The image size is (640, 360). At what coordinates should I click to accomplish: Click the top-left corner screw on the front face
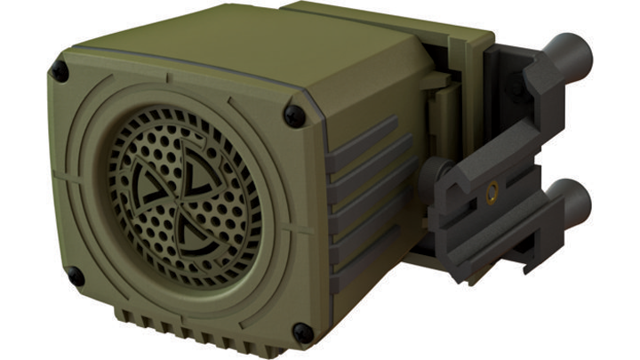point(60,69)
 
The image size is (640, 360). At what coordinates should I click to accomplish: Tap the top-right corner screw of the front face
point(293,114)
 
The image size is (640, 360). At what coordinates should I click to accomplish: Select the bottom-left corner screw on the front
point(76,276)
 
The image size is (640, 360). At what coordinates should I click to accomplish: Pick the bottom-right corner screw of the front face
point(302,332)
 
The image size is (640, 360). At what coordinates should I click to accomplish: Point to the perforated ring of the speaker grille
point(133,222)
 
